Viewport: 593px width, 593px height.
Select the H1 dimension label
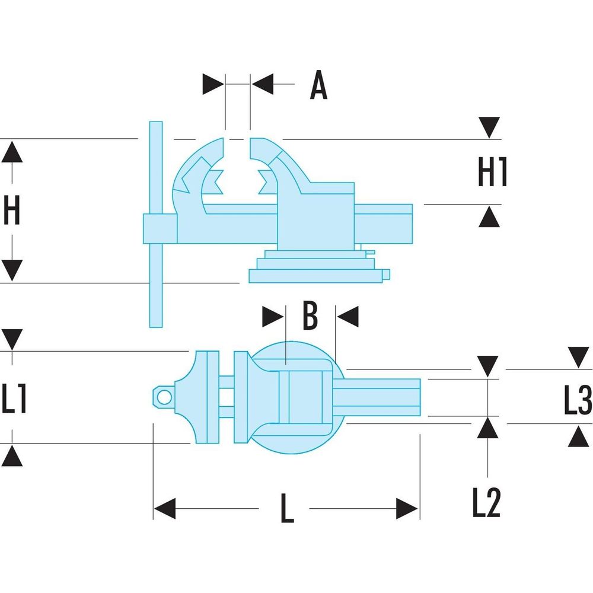pyautogui.click(x=493, y=173)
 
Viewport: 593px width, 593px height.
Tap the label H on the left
pyautogui.click(x=12, y=211)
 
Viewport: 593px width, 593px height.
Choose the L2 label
pyautogui.click(x=486, y=503)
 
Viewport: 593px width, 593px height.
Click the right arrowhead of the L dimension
pyautogui.click(x=408, y=509)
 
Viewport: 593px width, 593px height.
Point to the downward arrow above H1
pyautogui.click(x=489, y=127)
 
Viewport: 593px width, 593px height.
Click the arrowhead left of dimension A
pyautogui.click(x=213, y=84)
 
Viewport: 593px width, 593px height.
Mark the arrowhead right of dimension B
pyautogui.click(x=349, y=316)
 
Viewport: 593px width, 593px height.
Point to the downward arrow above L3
pyautogui.click(x=578, y=358)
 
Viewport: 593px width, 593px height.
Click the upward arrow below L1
pyautogui.click(x=12, y=456)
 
